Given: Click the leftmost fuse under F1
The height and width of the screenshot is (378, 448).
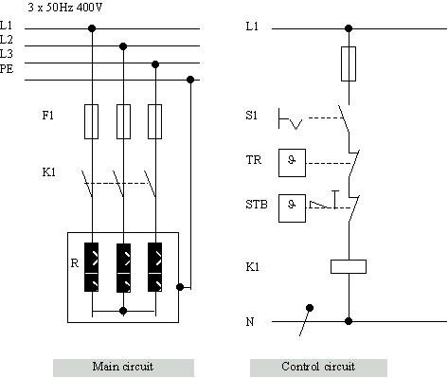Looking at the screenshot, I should (92, 120).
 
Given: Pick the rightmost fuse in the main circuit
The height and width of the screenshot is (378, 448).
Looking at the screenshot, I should (154, 120).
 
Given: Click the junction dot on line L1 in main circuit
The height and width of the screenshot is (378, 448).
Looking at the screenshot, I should (92, 28).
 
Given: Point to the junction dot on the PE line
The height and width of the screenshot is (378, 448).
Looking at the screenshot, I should (190, 80).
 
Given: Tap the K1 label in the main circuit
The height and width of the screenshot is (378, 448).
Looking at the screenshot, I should (48, 173).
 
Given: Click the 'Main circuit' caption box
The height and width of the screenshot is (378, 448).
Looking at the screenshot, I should (122, 367).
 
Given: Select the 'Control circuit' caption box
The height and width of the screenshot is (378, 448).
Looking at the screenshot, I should (319, 367).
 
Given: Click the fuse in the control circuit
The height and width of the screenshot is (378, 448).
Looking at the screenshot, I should (348, 64).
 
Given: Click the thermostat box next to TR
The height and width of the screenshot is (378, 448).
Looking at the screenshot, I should (293, 162).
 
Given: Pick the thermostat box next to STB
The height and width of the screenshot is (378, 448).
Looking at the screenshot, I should (293, 208).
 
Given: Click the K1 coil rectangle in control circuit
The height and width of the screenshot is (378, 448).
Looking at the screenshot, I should (348, 266).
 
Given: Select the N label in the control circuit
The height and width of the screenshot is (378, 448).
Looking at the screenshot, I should (250, 322).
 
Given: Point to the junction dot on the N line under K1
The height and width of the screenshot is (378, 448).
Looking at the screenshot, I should (348, 321).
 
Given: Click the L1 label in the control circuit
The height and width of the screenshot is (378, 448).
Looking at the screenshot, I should (251, 27).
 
